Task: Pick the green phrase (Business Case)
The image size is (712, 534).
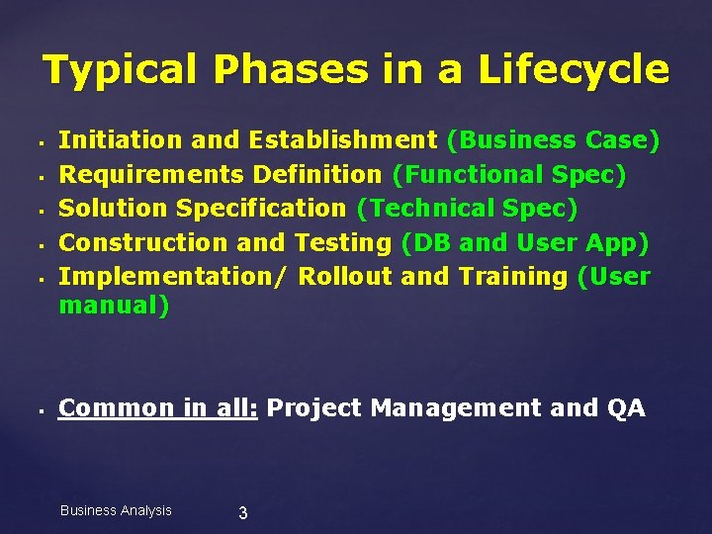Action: (553, 141)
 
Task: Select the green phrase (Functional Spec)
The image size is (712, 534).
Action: (509, 175)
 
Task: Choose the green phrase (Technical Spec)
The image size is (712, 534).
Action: (467, 209)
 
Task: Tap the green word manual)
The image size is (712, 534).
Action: (114, 307)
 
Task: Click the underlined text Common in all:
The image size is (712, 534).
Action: (158, 407)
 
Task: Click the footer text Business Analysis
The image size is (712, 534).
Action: (116, 510)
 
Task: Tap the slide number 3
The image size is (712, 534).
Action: (243, 512)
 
